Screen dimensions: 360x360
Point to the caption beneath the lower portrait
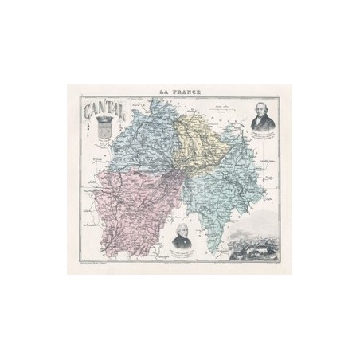click(x=180, y=255)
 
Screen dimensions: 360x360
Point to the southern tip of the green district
click(x=211, y=248)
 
